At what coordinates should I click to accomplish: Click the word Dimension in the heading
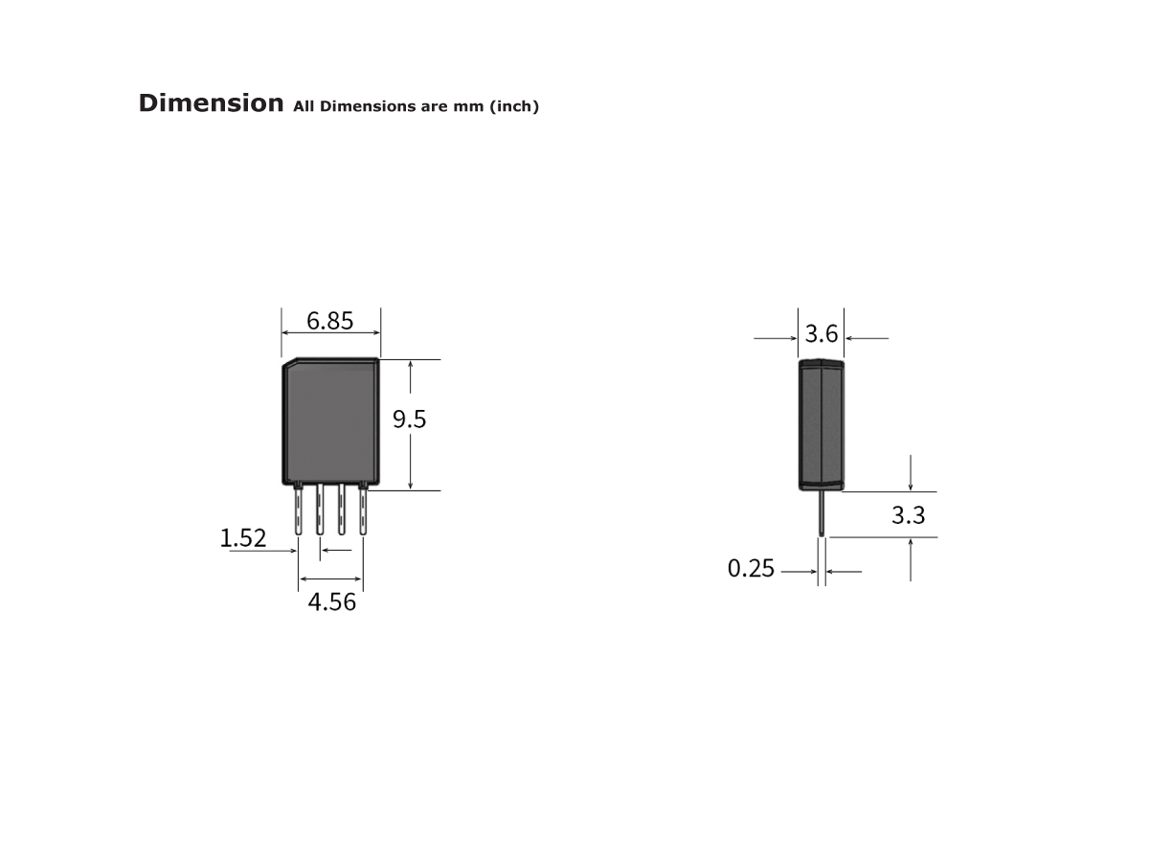[x=211, y=103]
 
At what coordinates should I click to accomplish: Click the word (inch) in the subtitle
[x=514, y=106]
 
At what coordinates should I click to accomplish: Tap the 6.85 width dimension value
[x=329, y=321]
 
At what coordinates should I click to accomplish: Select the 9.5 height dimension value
[x=410, y=420]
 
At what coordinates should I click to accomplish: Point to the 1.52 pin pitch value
[x=243, y=538]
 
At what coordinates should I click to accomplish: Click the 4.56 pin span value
[x=331, y=602]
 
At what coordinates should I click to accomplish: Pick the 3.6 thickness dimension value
[x=822, y=334]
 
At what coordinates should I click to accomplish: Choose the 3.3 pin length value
[x=908, y=515]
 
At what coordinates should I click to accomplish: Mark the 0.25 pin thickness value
[x=751, y=569]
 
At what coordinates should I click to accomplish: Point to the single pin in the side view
[x=822, y=512]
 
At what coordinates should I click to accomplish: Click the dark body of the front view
[x=330, y=421]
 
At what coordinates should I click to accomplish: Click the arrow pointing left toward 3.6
[x=867, y=338]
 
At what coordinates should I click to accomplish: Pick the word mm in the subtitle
[x=470, y=106]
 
